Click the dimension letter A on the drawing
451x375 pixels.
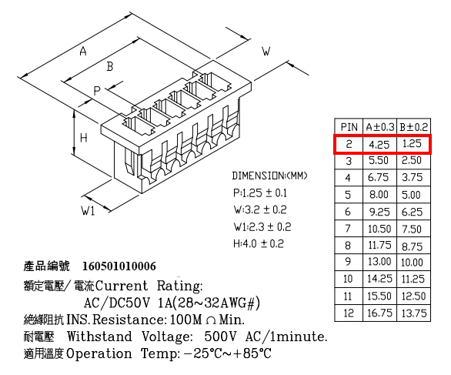[83, 52]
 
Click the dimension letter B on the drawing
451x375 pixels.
[110, 66]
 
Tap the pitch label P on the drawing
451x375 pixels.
[97, 91]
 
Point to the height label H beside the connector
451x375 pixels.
[83, 138]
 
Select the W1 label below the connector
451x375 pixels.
[88, 211]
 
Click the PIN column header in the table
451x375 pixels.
[349, 127]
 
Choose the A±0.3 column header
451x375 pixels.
[380, 127]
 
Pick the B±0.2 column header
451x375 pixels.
[413, 127]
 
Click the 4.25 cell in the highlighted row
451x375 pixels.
[379, 144]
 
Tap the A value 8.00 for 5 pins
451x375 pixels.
[379, 195]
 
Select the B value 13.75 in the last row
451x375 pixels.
[414, 313]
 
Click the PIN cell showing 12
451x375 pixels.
[349, 313]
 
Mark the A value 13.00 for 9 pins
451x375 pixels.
[379, 262]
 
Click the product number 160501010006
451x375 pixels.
[119, 266]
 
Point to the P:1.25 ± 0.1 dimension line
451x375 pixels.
[260, 193]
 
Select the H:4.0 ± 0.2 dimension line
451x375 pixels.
[259, 244]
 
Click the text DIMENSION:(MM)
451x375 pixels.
[269, 176]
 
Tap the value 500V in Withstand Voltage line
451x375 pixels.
[220, 336]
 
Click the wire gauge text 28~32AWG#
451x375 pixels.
[215, 303]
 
